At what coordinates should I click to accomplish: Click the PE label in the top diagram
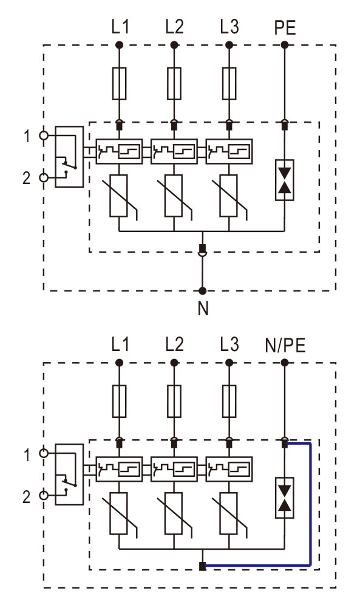pyautogui.click(x=285, y=28)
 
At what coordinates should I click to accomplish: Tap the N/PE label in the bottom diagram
pyautogui.click(x=285, y=346)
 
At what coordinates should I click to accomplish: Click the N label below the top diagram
pyautogui.click(x=203, y=308)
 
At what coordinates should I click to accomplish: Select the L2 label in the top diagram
pyautogui.click(x=175, y=27)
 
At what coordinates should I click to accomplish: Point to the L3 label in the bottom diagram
pyautogui.click(x=229, y=344)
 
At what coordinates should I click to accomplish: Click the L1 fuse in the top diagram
pyautogui.click(x=120, y=83)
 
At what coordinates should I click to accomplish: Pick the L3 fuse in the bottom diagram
pyautogui.click(x=229, y=401)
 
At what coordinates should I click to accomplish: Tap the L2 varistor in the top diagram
pyautogui.click(x=174, y=196)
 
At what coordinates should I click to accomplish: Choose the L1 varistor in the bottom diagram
pyautogui.click(x=119, y=514)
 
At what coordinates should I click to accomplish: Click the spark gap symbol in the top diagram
pyautogui.click(x=284, y=180)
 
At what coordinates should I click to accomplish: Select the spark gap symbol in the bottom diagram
pyautogui.click(x=284, y=498)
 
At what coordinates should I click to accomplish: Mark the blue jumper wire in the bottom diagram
pyautogui.click(x=310, y=504)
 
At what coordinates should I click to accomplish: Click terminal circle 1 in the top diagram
pyautogui.click(x=44, y=135)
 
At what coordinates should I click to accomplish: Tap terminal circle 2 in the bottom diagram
pyautogui.click(x=44, y=495)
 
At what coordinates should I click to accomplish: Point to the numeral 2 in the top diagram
pyautogui.click(x=26, y=178)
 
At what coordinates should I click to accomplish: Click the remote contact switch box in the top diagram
pyautogui.click(x=69, y=157)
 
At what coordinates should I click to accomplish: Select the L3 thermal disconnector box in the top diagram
pyautogui.click(x=229, y=151)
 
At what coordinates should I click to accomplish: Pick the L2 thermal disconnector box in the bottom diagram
pyautogui.click(x=174, y=469)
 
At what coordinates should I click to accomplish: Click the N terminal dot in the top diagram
pyautogui.click(x=203, y=290)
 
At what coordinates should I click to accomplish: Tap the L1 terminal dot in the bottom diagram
pyautogui.click(x=120, y=363)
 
